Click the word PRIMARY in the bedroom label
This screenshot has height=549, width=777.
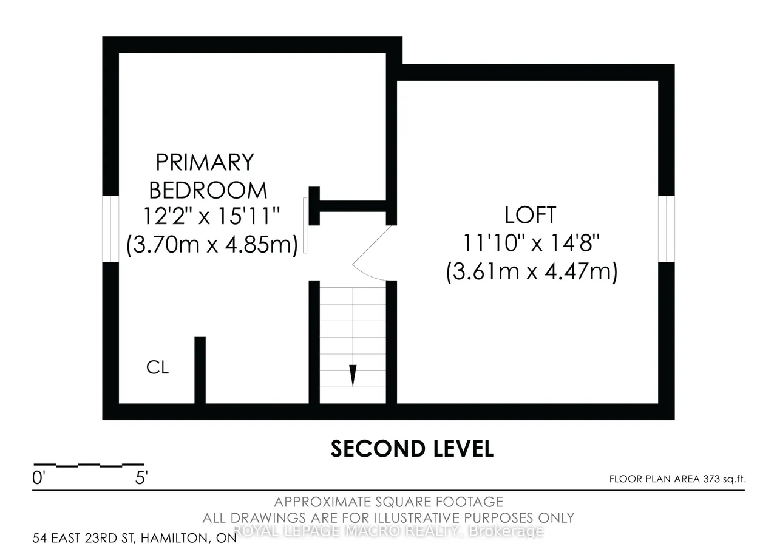coord(205,162)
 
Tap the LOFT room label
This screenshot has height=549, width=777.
coord(531,215)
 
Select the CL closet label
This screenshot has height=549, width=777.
coord(157,367)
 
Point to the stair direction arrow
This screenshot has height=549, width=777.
coord(353,375)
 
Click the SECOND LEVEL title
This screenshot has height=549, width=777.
coord(412,449)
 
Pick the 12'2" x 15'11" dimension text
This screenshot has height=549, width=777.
coord(211,216)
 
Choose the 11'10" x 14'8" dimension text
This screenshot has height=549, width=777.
coord(531,242)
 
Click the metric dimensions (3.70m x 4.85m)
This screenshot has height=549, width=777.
coord(212,245)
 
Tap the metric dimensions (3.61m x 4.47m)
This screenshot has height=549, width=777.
coord(532,271)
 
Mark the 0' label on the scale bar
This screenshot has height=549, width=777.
coord(38,478)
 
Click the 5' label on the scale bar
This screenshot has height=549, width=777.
coord(141,478)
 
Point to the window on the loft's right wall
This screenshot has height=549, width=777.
coord(667,229)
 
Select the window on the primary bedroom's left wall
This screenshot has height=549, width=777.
coord(110,229)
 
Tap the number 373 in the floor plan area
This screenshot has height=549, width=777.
coord(712,479)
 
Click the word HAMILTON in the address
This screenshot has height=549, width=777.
coord(174,538)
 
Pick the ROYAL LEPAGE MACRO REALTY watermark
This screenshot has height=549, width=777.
coord(388,531)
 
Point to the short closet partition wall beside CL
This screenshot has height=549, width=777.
coord(200,370)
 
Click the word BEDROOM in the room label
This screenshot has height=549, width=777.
coord(208,190)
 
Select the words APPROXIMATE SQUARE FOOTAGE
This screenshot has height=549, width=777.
coord(388,502)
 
